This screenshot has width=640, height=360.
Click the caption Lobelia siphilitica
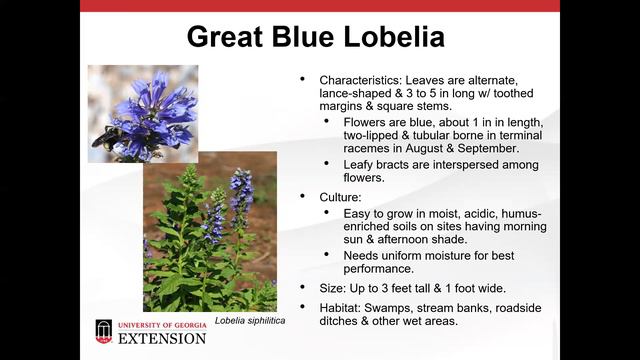pos(248,319)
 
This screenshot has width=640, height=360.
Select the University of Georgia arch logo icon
pos(104,331)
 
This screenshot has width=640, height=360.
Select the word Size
pos(333,288)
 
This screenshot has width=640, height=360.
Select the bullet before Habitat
pos(305,308)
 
